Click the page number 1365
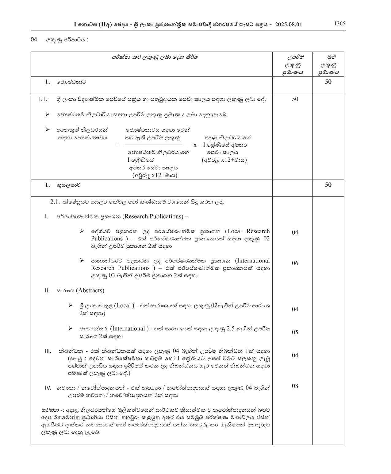tap(339, 24)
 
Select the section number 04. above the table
tap(34, 40)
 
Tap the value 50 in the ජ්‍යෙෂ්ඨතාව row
tap(328, 82)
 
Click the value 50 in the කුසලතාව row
tap(328, 185)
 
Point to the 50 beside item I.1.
tap(295, 99)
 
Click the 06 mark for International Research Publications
tap(295, 263)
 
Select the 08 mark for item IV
tap(295, 386)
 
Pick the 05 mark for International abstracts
tap(295, 332)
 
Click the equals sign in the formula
tap(118, 145)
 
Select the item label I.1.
tap(43, 99)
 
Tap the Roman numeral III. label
tap(48, 351)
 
